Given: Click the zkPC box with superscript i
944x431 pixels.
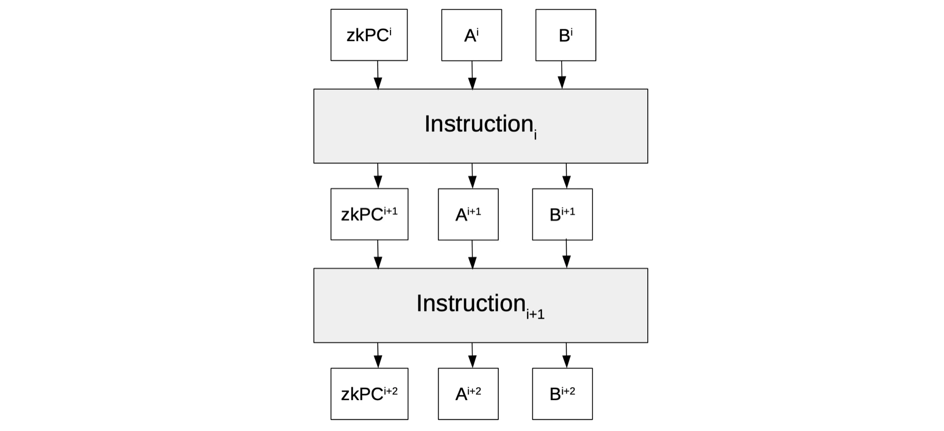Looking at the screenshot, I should [369, 35].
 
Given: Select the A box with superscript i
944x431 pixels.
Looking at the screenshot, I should [471, 35].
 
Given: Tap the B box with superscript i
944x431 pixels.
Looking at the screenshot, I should [566, 35].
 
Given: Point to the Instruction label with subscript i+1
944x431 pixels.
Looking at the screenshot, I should [480, 305].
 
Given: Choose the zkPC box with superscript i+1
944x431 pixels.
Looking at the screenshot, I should [369, 214].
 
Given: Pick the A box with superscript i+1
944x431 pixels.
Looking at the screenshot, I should [468, 214].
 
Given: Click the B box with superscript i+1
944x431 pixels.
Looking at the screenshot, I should [562, 214].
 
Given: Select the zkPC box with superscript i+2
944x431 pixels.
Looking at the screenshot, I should [369, 394].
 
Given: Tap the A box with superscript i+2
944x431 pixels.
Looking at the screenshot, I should [468, 394].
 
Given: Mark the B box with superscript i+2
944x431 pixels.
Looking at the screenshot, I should [562, 394].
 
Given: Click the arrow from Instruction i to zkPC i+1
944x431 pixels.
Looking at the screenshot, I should [378, 176].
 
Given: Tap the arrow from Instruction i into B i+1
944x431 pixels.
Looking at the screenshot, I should [566, 176].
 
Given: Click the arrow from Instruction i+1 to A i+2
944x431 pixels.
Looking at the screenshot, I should [473, 355].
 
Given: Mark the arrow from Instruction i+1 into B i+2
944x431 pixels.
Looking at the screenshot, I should [566, 355].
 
